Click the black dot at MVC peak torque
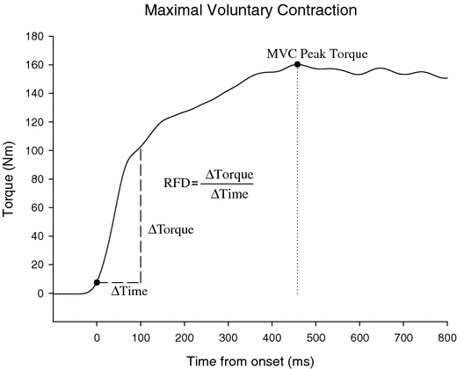point(298,64)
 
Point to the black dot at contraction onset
point(97,282)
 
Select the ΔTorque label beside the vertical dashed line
point(170,228)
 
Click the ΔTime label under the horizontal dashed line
point(128,292)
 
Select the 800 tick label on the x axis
point(446,336)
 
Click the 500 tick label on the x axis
point(316,336)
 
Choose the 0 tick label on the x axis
point(97,336)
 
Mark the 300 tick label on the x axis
point(228,336)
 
